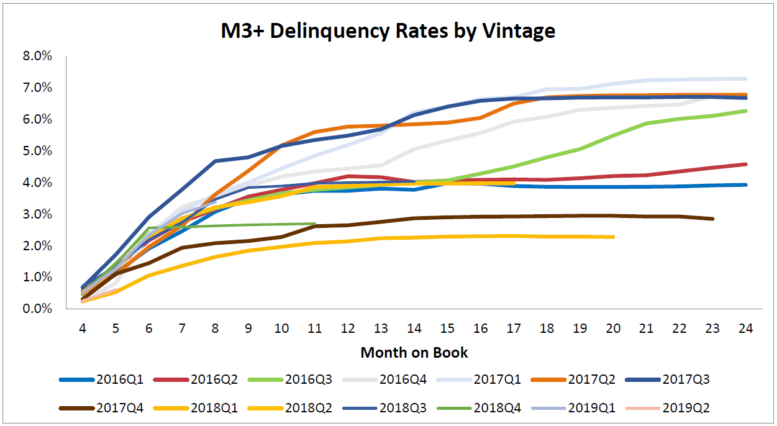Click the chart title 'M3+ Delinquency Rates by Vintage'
[388, 30]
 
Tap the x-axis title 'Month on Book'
[414, 353]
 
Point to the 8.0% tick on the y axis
[37, 57]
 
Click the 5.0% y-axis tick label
[37, 151]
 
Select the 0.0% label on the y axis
[37, 309]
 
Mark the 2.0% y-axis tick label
[37, 245]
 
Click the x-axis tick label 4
[82, 329]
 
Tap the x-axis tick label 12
[348, 329]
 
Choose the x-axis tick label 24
[746, 329]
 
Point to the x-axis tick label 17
[514, 329]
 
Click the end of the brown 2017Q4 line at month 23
[712, 219]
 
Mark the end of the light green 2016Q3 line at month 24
[745, 111]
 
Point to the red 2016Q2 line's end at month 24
[745, 164]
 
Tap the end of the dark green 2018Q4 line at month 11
[315, 224]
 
